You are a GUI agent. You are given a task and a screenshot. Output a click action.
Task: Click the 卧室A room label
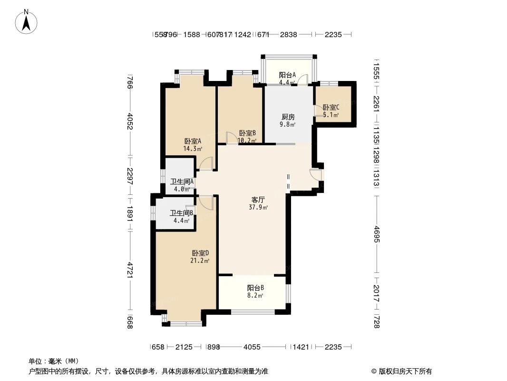193,141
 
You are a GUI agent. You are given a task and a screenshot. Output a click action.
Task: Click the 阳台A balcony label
287,75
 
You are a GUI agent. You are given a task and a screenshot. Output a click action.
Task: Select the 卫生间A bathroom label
182,181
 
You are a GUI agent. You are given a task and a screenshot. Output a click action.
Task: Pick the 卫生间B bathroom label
181,213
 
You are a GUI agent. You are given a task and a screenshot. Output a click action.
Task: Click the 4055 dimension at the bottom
252,347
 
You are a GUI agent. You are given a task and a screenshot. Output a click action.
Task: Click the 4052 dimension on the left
129,120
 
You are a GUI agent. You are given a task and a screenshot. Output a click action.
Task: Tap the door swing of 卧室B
232,138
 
